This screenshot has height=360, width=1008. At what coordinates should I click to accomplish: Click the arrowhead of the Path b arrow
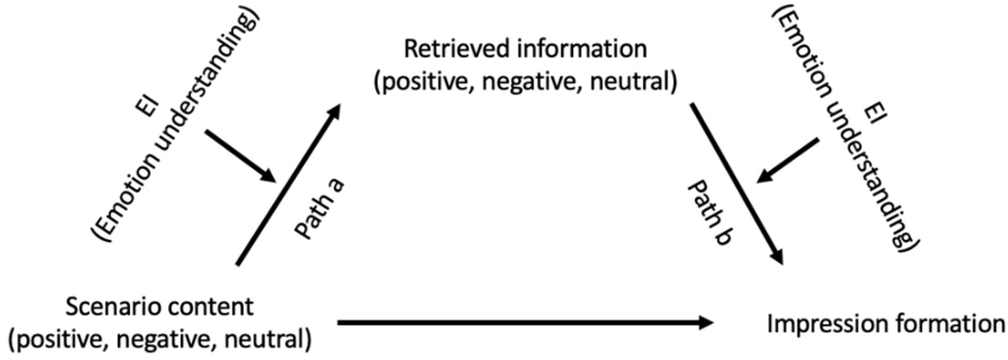click(x=776, y=257)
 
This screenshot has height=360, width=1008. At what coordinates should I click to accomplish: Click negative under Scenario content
click(x=168, y=341)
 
